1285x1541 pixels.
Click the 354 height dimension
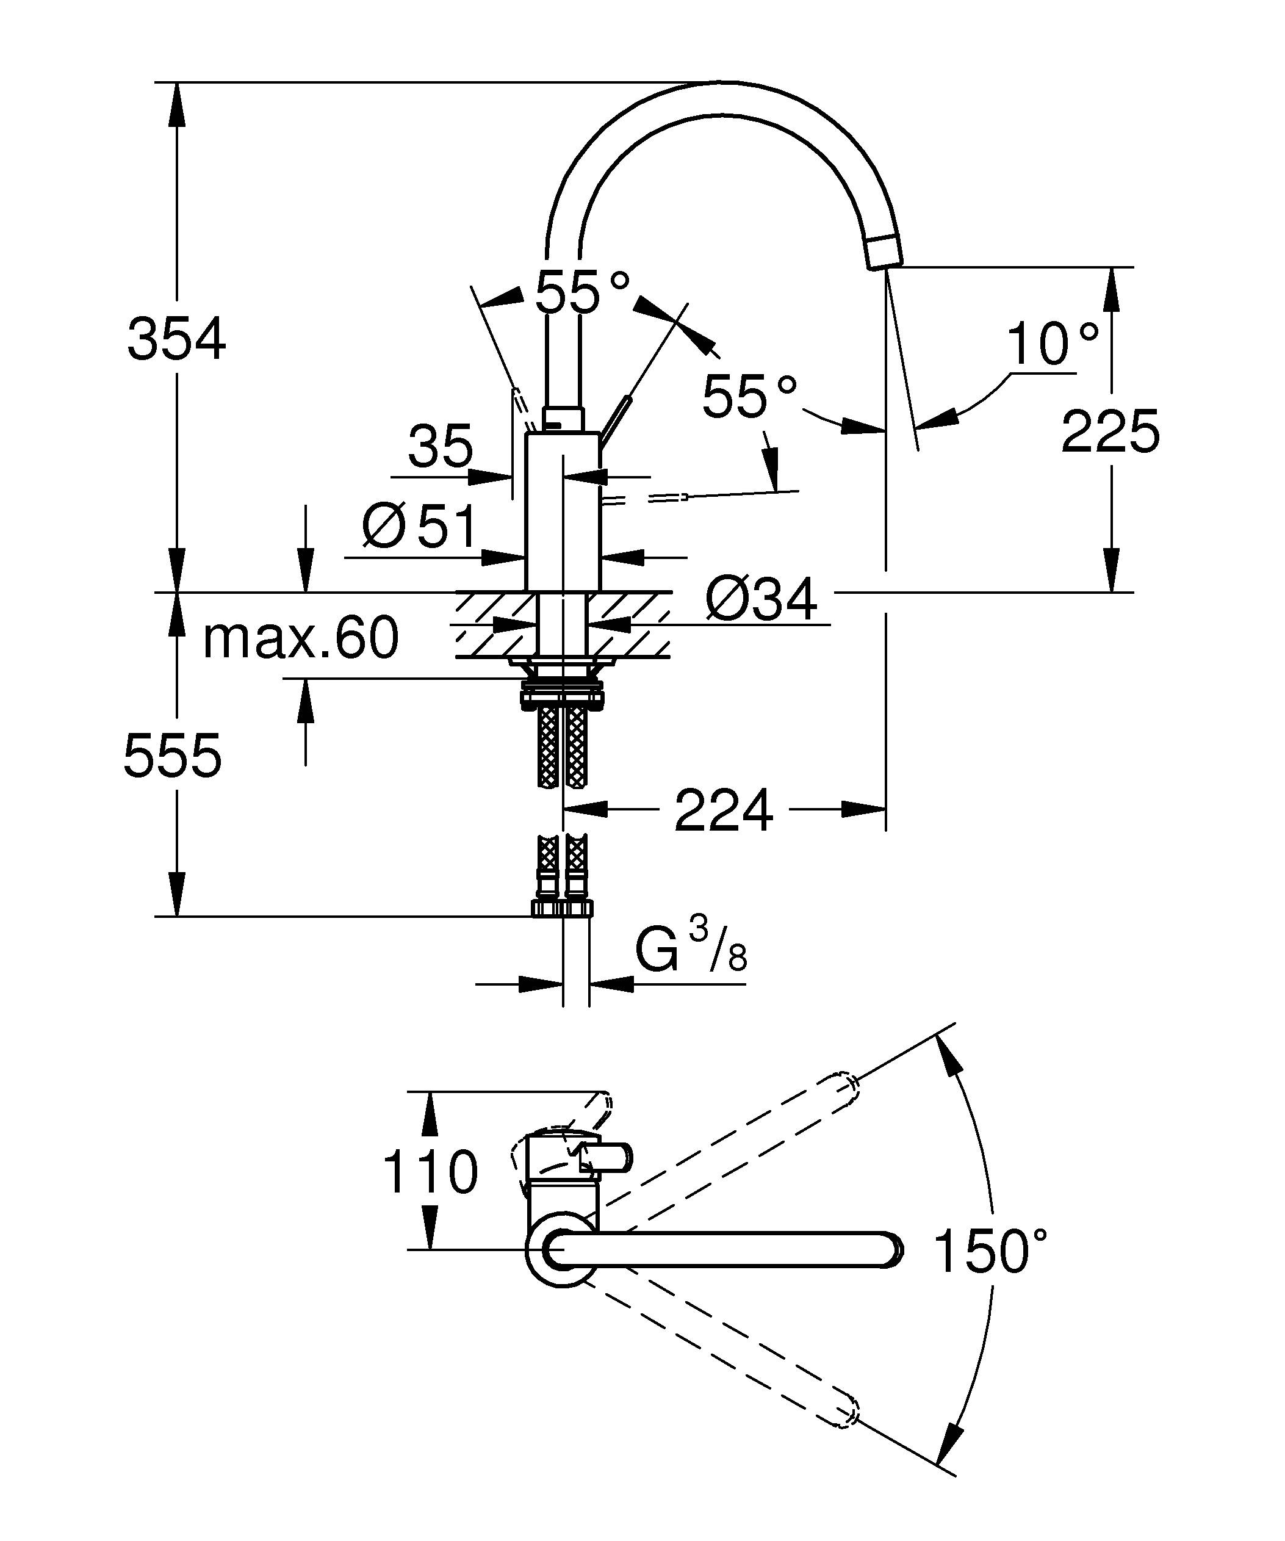(177, 339)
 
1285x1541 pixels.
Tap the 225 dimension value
(1110, 431)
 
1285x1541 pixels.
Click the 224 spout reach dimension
(723, 811)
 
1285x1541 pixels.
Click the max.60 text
(301, 638)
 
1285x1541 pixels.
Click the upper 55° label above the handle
(582, 291)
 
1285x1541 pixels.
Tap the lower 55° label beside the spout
(749, 396)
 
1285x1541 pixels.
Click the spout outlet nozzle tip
(885, 253)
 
